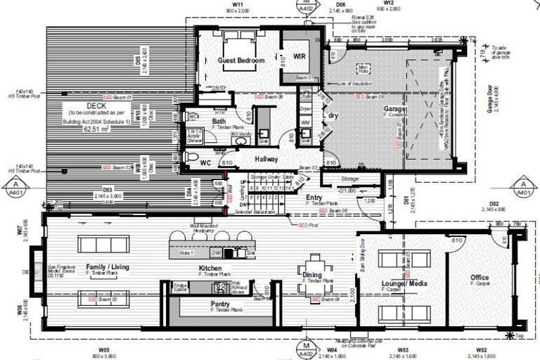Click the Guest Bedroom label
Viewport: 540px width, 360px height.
tap(241, 61)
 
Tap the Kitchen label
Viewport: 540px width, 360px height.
tap(212, 269)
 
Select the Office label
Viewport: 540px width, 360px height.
tap(480, 278)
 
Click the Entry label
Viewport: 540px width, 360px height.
tap(314, 198)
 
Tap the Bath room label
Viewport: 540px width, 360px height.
tap(200, 121)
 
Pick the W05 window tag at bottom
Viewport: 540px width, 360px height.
tap(103, 349)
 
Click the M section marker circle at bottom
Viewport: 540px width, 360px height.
tap(306, 347)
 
